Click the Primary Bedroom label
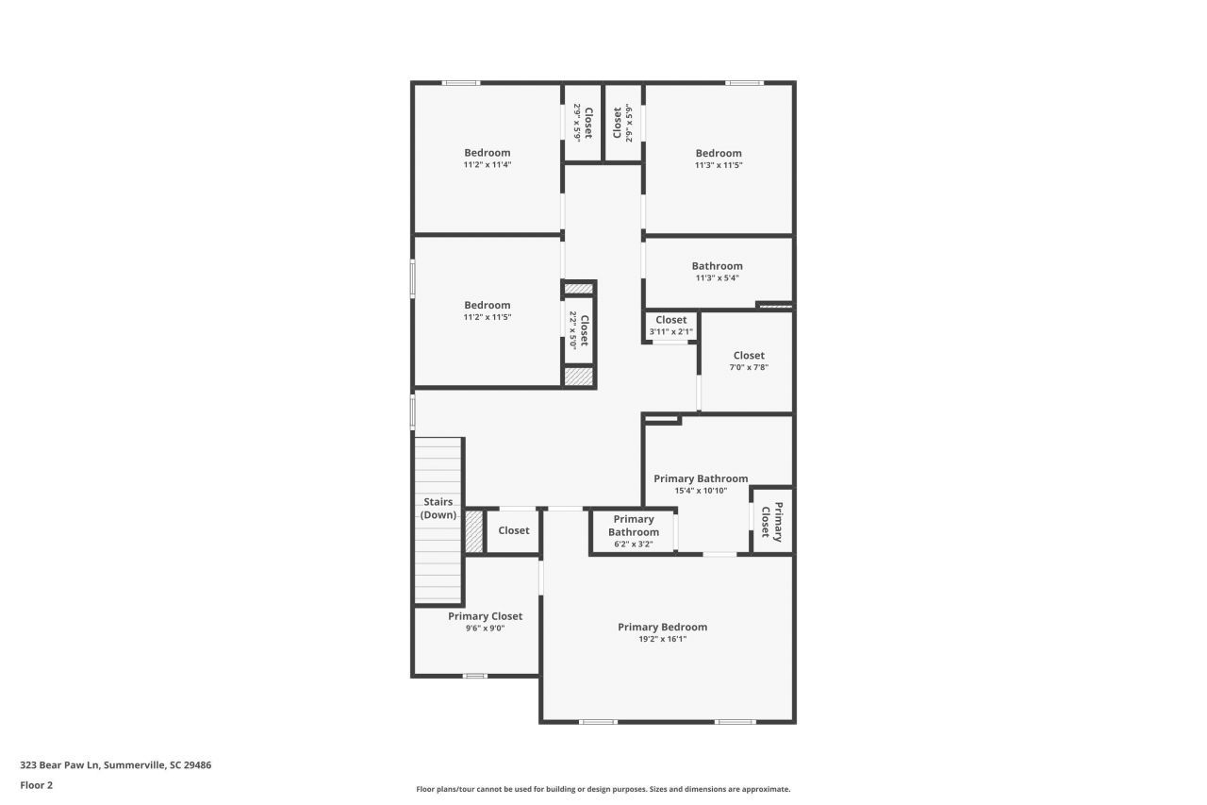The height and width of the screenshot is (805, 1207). click(x=662, y=627)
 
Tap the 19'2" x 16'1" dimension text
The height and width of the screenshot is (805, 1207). click(x=662, y=639)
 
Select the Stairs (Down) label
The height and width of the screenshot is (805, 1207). click(x=438, y=509)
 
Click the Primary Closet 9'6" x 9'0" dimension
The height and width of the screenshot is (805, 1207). click(x=485, y=628)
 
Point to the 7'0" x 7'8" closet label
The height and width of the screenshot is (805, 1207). click(x=749, y=367)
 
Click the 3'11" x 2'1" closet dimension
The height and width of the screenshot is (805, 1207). click(x=670, y=331)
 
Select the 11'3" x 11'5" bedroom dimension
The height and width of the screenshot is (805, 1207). click(x=719, y=165)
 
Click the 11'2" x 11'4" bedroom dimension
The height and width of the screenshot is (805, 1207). click(x=487, y=164)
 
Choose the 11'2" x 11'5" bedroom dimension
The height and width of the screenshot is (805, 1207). click(x=487, y=317)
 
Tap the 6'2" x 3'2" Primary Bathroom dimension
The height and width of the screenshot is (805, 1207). click(x=633, y=544)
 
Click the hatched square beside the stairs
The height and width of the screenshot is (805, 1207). click(x=474, y=531)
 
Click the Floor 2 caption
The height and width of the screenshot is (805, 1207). click(x=37, y=784)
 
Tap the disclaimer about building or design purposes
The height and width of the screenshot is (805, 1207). click(x=603, y=789)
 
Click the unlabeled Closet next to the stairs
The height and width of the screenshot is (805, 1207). click(x=513, y=530)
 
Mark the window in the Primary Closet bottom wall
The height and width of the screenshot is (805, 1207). click(x=474, y=676)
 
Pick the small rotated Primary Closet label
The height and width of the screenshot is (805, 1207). click(x=772, y=523)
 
